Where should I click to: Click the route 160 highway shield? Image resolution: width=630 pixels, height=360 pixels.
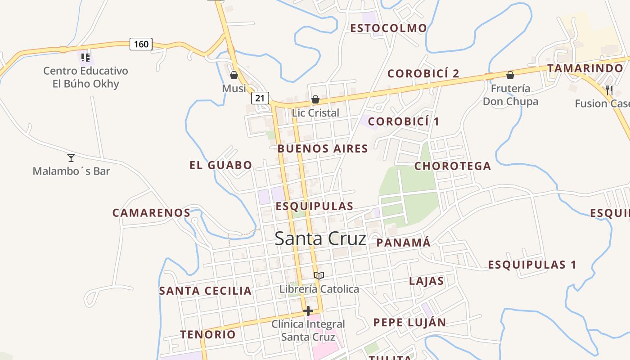[141, 44]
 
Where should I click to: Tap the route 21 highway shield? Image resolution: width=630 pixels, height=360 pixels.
[260, 98]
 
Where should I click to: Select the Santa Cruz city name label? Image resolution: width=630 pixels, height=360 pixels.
[320, 238]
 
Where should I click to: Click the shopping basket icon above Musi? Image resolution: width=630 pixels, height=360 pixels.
[234, 75]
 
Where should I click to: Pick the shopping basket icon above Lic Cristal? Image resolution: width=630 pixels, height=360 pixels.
[315, 99]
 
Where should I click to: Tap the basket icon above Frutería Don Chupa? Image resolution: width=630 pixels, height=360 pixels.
[510, 75]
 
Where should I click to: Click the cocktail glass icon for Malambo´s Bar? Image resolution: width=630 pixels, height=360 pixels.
[71, 158]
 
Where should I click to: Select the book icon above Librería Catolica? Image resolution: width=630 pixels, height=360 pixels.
[319, 275]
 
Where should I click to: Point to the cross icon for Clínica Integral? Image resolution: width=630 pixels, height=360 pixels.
[308, 310]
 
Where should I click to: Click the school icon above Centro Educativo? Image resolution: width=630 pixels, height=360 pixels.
[85, 57]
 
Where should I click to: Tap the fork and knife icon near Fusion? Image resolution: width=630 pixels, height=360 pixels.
[609, 90]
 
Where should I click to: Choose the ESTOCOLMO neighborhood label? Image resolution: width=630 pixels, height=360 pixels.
[389, 28]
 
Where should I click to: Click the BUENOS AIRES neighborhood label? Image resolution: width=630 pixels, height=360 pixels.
[323, 148]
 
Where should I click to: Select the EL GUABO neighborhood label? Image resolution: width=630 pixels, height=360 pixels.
[220, 165]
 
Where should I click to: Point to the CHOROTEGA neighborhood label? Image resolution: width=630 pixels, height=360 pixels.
[452, 166]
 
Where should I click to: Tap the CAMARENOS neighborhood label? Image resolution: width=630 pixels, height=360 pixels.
[151, 213]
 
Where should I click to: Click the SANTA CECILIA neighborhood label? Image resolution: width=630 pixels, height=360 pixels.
[205, 291]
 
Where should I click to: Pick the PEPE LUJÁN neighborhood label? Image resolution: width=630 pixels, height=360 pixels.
[409, 322]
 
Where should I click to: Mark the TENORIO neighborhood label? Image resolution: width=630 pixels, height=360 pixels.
[208, 334]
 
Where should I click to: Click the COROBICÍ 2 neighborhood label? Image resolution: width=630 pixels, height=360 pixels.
[423, 73]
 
